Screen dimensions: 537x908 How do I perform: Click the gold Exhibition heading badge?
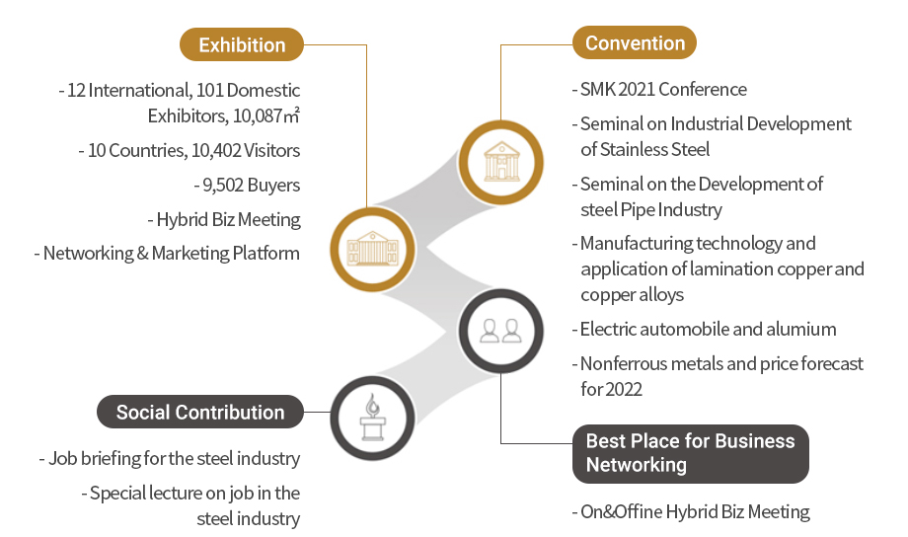(x=242, y=45)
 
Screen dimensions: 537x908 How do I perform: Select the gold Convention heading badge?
(x=635, y=43)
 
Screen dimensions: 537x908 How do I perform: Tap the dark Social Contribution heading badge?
(x=199, y=413)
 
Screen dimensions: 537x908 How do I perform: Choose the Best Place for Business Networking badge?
(x=690, y=453)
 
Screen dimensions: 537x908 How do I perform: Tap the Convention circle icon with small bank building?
(x=500, y=159)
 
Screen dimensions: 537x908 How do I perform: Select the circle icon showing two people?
(x=500, y=330)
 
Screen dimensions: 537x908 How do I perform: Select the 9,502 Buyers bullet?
(x=248, y=185)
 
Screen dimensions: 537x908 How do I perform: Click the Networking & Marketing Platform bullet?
(x=172, y=253)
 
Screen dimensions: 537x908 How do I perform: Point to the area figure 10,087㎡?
(x=266, y=116)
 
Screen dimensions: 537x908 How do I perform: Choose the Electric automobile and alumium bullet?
(x=708, y=330)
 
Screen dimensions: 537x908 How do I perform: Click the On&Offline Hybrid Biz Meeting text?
(x=695, y=511)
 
